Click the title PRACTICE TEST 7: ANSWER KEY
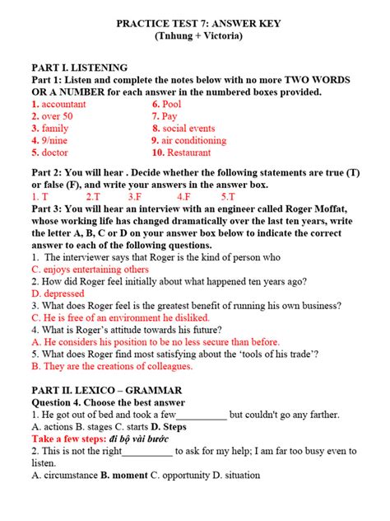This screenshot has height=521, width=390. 194,23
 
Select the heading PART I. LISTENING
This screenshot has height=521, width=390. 79,68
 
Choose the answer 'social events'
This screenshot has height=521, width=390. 188,129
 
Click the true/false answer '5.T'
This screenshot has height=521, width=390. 228,197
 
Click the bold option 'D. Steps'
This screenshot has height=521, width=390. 164,427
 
